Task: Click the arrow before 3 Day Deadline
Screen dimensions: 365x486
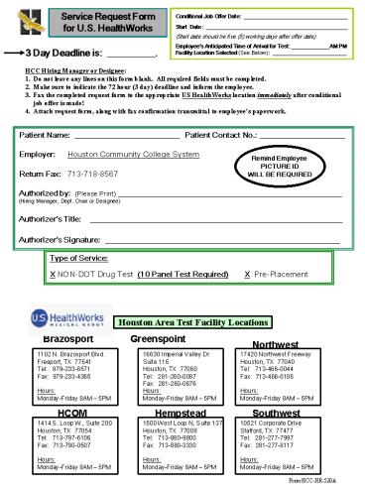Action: (x=12, y=54)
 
